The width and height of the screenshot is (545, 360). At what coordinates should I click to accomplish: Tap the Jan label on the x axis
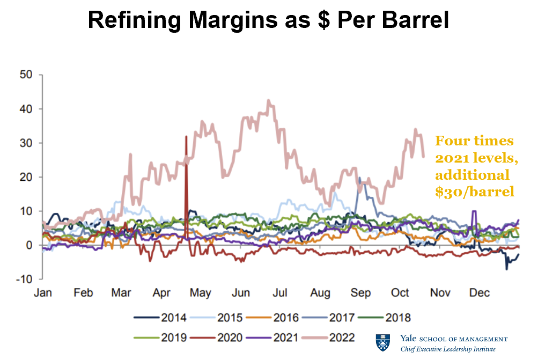(42, 293)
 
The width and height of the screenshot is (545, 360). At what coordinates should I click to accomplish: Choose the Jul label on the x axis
(280, 293)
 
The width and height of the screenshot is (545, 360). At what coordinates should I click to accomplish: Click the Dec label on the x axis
(479, 293)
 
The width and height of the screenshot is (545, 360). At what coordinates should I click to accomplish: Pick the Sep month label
(360, 293)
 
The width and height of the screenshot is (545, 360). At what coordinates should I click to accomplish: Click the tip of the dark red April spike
(186, 137)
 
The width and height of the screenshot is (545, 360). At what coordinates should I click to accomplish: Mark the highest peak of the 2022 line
(269, 100)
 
